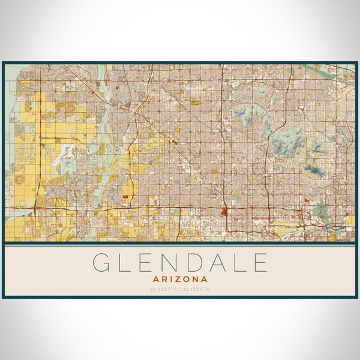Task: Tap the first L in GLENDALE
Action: click(x=127, y=263)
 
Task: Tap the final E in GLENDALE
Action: click(x=260, y=263)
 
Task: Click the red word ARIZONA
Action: click(x=180, y=279)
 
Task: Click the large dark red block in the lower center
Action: click(x=224, y=211)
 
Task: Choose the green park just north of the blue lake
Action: click(x=321, y=211)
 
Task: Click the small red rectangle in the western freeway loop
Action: click(x=125, y=196)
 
